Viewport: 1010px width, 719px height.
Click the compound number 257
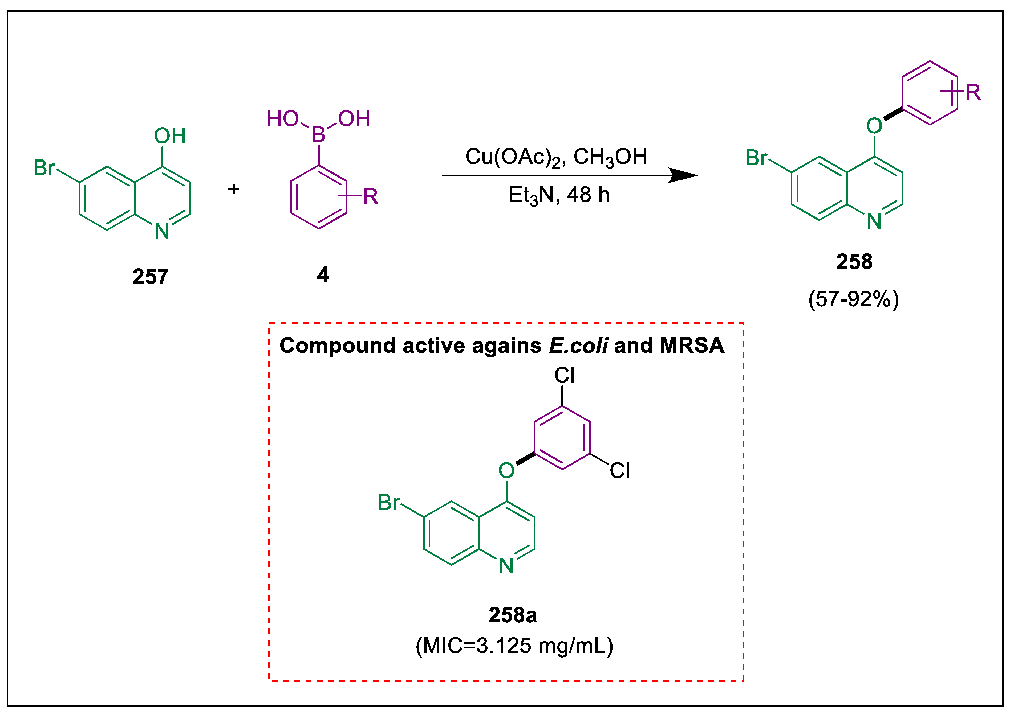tap(150, 277)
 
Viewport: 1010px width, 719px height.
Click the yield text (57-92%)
tap(853, 299)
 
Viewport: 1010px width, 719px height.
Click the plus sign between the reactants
tap(233, 190)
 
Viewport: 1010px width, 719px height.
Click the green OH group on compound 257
tap(170, 136)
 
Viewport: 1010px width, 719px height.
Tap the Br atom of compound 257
tap(44, 168)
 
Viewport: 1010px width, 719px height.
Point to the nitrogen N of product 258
tap(874, 221)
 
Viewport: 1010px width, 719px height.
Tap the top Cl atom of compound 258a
tap(564, 375)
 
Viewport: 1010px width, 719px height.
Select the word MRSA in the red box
tap(692, 345)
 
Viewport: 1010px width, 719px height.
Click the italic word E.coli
tap(578, 345)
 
